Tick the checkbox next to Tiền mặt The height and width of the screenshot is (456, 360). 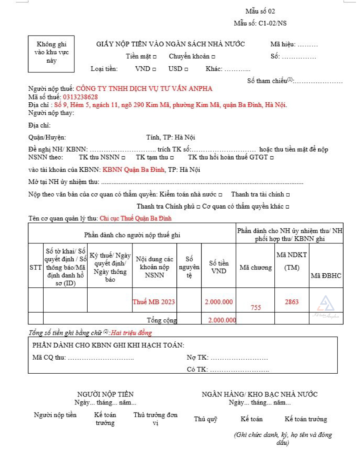point(155,57)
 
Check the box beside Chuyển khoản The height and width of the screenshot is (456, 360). point(213,57)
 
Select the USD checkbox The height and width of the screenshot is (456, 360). point(186,69)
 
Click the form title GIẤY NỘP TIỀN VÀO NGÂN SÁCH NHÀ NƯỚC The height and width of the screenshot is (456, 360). point(170,44)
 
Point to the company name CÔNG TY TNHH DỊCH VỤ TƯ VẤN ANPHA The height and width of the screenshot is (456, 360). point(144,89)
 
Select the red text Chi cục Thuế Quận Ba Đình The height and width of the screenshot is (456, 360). point(136,219)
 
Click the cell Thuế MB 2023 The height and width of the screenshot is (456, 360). point(154,302)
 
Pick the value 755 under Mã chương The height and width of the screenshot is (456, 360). point(256,307)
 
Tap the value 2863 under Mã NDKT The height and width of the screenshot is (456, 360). point(292,302)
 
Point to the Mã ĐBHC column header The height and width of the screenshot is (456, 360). point(326,275)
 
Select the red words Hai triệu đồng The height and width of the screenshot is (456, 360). point(132,333)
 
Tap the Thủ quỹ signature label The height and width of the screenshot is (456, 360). point(206,419)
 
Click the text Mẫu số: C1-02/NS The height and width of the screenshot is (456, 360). point(260,23)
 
